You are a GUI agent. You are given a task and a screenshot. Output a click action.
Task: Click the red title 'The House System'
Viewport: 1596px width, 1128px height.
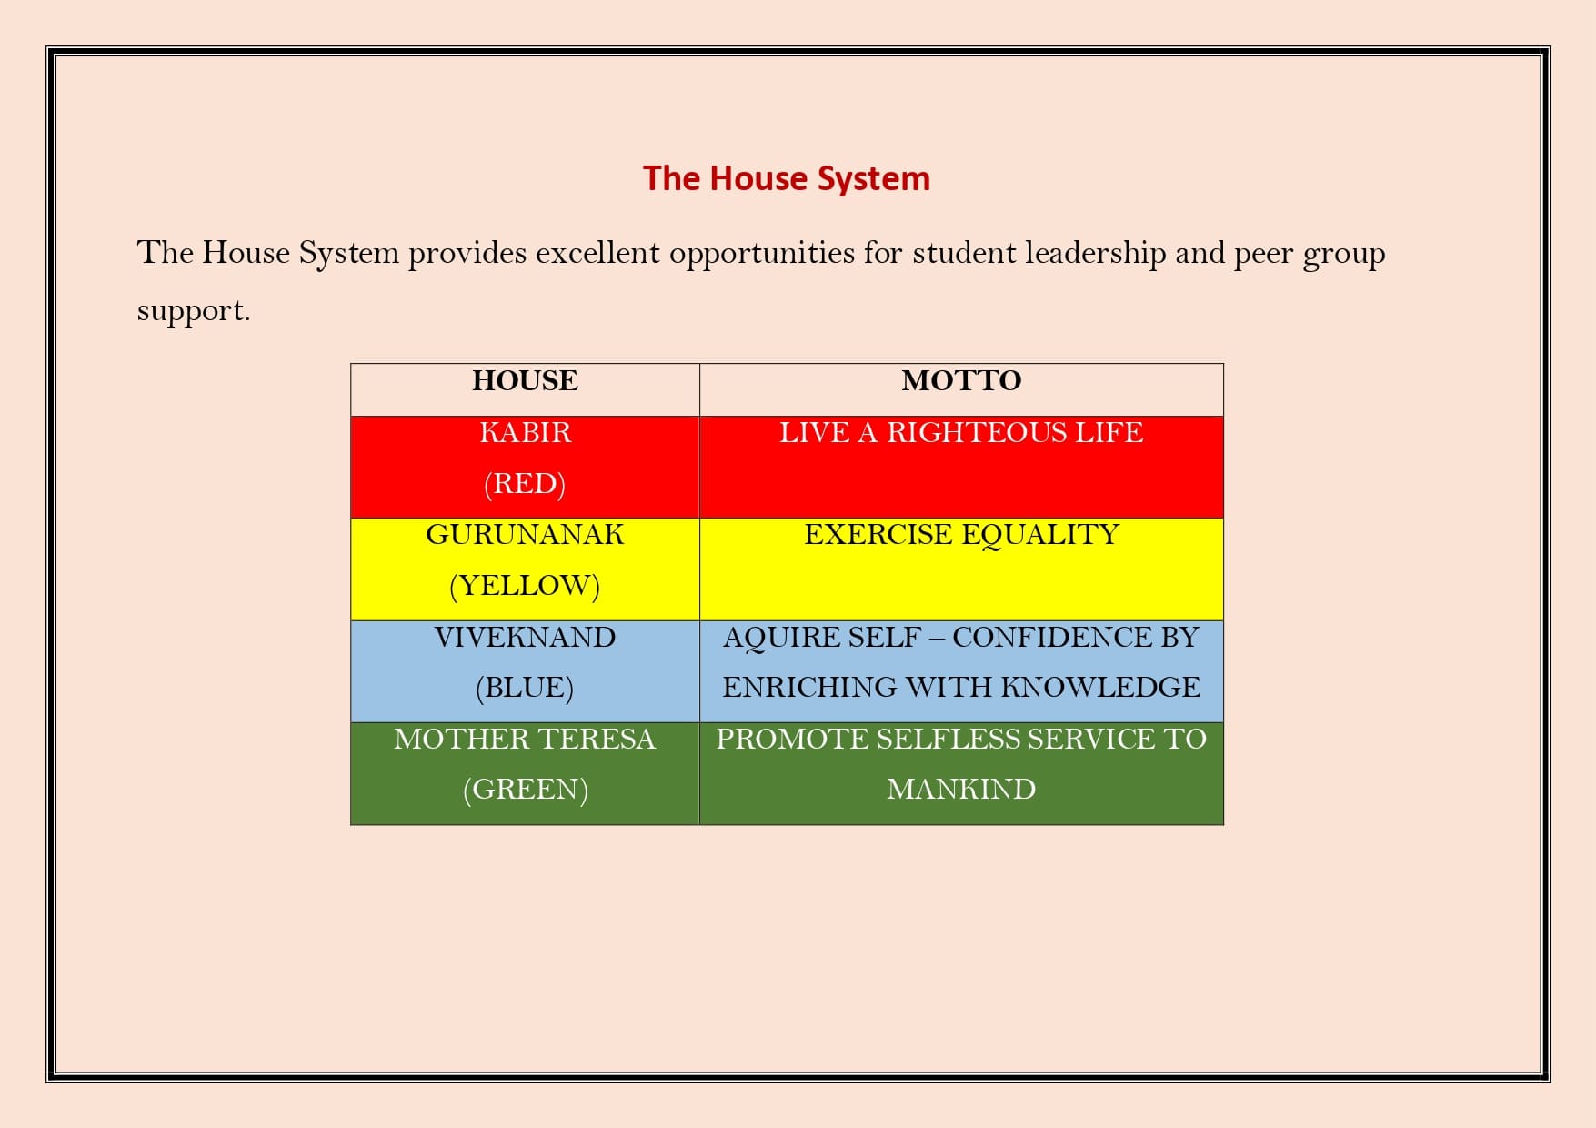pyautogui.click(x=787, y=179)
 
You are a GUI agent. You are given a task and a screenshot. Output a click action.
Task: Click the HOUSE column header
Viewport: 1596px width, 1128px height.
pyautogui.click(x=525, y=380)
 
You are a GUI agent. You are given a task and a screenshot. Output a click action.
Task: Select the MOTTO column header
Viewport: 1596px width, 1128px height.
pyautogui.click(x=961, y=380)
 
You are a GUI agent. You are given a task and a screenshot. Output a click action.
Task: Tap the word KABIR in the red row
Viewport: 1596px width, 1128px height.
pyautogui.click(x=525, y=432)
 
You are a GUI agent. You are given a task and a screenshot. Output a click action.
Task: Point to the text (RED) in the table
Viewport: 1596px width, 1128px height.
pyautogui.click(x=525, y=483)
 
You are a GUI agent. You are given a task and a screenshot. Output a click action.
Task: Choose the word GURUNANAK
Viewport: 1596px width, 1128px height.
pyautogui.click(x=525, y=534)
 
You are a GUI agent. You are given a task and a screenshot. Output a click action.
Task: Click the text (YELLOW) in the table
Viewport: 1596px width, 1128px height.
pyautogui.click(x=525, y=585)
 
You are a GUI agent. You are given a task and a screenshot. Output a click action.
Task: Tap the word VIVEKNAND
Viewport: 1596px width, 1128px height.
pyautogui.click(x=525, y=637)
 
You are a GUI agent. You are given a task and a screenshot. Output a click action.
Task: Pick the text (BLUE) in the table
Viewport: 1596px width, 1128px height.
pyautogui.click(x=525, y=687)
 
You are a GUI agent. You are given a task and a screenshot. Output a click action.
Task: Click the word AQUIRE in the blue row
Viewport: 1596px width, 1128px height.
pyautogui.click(x=777, y=638)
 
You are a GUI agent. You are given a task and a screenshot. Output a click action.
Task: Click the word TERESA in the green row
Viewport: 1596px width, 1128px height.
pyautogui.click(x=601, y=739)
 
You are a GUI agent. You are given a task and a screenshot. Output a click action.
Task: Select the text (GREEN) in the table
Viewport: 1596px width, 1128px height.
pyautogui.click(x=525, y=789)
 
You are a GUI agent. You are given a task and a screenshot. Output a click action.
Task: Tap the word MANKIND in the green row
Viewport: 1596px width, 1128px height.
pyautogui.click(x=961, y=789)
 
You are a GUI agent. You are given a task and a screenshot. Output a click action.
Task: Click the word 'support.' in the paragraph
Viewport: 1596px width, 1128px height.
pyautogui.click(x=193, y=312)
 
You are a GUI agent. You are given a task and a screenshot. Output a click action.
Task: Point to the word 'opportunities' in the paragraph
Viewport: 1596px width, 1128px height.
pyautogui.click(x=762, y=254)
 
